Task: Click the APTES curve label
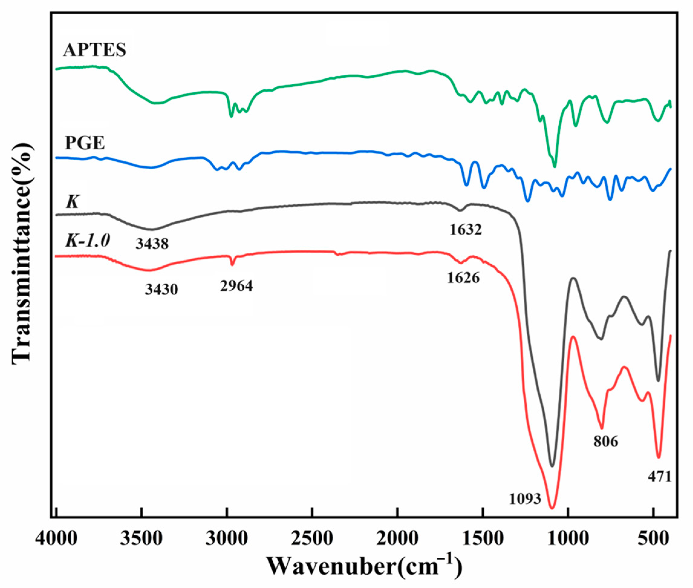click(95, 50)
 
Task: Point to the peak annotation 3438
click(152, 244)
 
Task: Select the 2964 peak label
click(236, 286)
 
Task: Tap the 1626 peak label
click(463, 277)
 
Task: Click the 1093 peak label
click(525, 508)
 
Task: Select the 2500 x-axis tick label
click(312, 540)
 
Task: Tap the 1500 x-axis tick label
click(483, 540)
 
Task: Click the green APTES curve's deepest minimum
click(555, 166)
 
